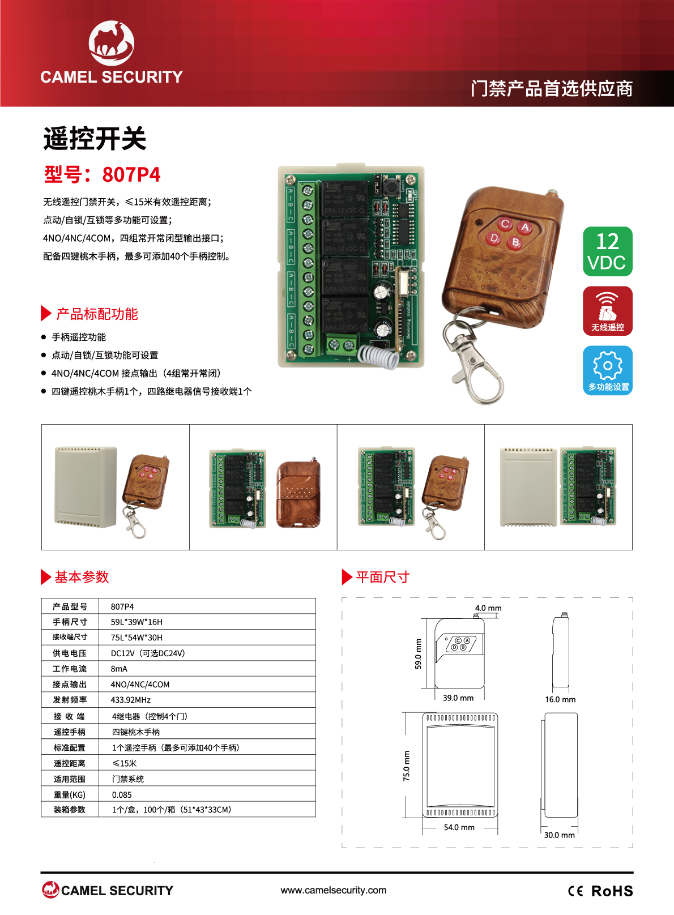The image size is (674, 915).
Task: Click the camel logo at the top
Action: pos(112,43)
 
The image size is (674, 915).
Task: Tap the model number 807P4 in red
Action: pos(131,175)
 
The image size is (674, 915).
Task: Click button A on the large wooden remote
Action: pos(524,227)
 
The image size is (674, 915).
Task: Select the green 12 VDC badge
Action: pos(607,251)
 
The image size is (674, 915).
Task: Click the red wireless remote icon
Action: pos(607,311)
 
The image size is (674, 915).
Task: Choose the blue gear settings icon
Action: pos(607,370)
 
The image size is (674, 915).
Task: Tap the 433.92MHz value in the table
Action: pos(131,700)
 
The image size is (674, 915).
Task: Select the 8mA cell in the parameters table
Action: pos(119,669)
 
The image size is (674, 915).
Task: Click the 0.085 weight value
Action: pos(122,794)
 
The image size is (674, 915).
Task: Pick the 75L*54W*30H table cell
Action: pos(136,637)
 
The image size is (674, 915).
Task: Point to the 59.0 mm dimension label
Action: pos(418,653)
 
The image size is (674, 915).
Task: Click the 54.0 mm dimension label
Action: pos(459,827)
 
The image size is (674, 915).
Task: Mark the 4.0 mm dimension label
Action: pos(488,608)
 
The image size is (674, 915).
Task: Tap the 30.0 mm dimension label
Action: pos(559,835)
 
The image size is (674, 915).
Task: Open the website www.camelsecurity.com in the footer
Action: pos(334,890)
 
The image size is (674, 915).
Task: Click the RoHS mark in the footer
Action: pos(612,891)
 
